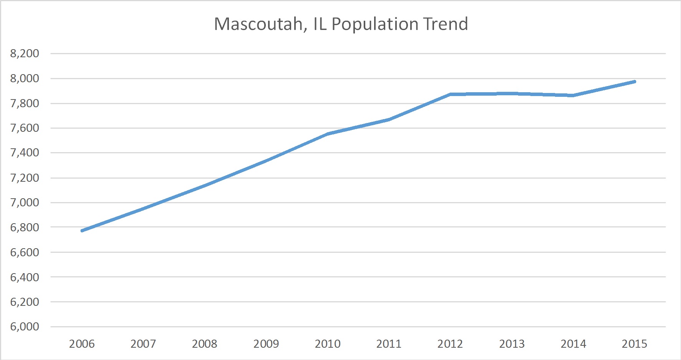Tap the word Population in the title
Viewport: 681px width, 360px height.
click(374, 24)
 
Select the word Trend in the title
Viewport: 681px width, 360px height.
click(446, 24)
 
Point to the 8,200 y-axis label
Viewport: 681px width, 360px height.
click(25, 53)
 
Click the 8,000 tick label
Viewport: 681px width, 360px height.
click(25, 78)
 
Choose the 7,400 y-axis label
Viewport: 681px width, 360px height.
click(25, 153)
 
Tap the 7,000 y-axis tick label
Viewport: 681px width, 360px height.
click(25, 202)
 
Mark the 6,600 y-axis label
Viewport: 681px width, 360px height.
click(25, 252)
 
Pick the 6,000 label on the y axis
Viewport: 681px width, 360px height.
click(25, 327)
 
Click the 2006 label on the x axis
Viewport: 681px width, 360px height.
click(82, 344)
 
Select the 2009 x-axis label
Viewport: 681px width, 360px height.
click(266, 344)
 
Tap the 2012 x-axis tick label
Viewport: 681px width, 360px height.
click(450, 344)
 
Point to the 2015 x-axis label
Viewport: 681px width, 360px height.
click(635, 344)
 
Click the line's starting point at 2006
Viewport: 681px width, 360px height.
click(82, 231)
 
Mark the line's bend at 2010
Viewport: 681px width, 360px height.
click(328, 134)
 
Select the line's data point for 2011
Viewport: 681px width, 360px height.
click(389, 119)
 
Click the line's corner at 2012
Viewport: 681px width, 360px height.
click(451, 94)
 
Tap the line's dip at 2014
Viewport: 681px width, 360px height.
click(573, 95)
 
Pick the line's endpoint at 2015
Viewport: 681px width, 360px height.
click(635, 81)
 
